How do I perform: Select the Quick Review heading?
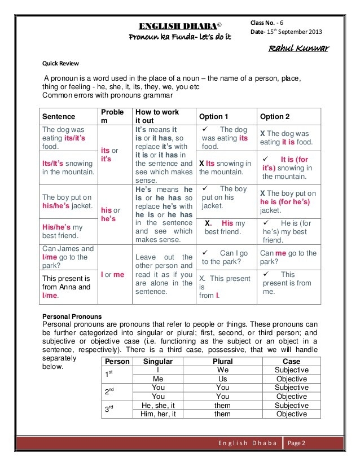(61, 63)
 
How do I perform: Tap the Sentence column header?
(59, 116)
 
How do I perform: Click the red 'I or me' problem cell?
(112, 275)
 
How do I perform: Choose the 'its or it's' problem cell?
(109, 155)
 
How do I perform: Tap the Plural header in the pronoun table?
(222, 361)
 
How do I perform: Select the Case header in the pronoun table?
(291, 361)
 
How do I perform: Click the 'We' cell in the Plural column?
(222, 370)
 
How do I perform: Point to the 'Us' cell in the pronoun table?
(222, 379)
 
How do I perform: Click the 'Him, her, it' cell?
(158, 414)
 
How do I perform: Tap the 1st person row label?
(110, 375)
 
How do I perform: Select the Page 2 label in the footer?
(296, 443)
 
